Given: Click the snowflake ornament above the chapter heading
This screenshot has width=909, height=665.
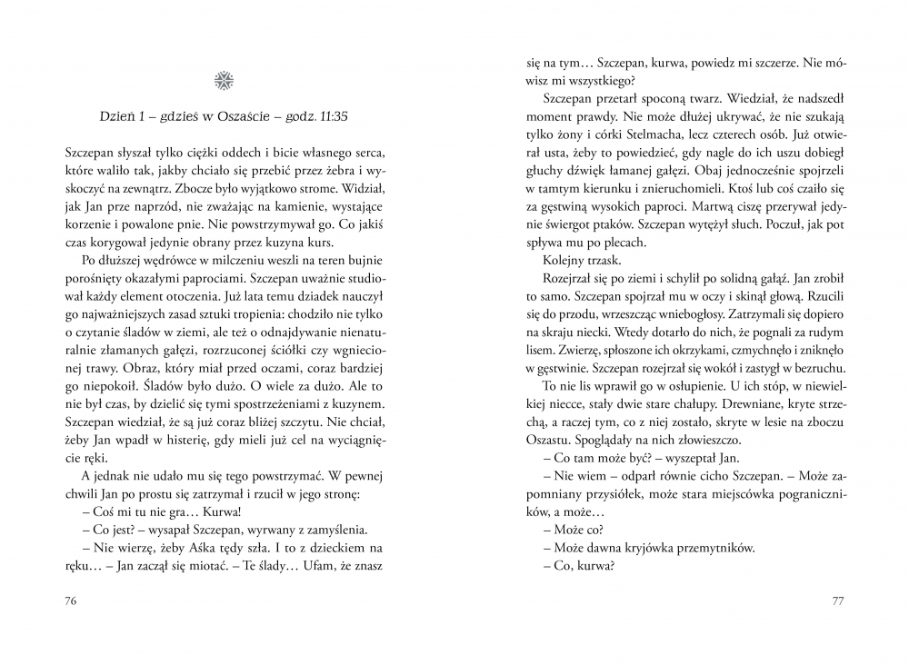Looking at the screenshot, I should click(224, 81).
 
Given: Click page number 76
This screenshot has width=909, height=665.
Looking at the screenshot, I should click(73, 601).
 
